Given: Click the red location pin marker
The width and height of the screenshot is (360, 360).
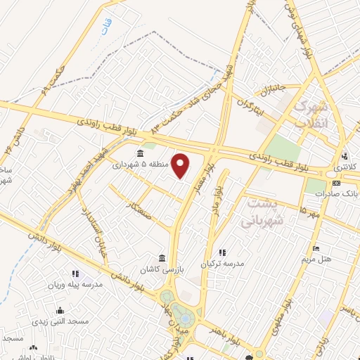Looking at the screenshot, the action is pyautogui.click(x=181, y=166).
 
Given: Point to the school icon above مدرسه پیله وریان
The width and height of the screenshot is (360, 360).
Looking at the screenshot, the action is pyautogui.click(x=75, y=274).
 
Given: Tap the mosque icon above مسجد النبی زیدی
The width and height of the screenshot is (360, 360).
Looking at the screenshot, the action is pyautogui.click(x=60, y=310).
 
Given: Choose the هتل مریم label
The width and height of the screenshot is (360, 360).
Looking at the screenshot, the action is pyautogui.click(x=316, y=259).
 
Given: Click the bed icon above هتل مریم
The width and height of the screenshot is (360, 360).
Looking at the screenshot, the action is pyautogui.click(x=316, y=248).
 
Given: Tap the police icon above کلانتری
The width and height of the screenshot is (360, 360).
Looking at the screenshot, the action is pyautogui.click(x=345, y=157).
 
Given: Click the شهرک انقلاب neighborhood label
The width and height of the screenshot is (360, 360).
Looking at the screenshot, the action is pyautogui.click(x=309, y=115).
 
